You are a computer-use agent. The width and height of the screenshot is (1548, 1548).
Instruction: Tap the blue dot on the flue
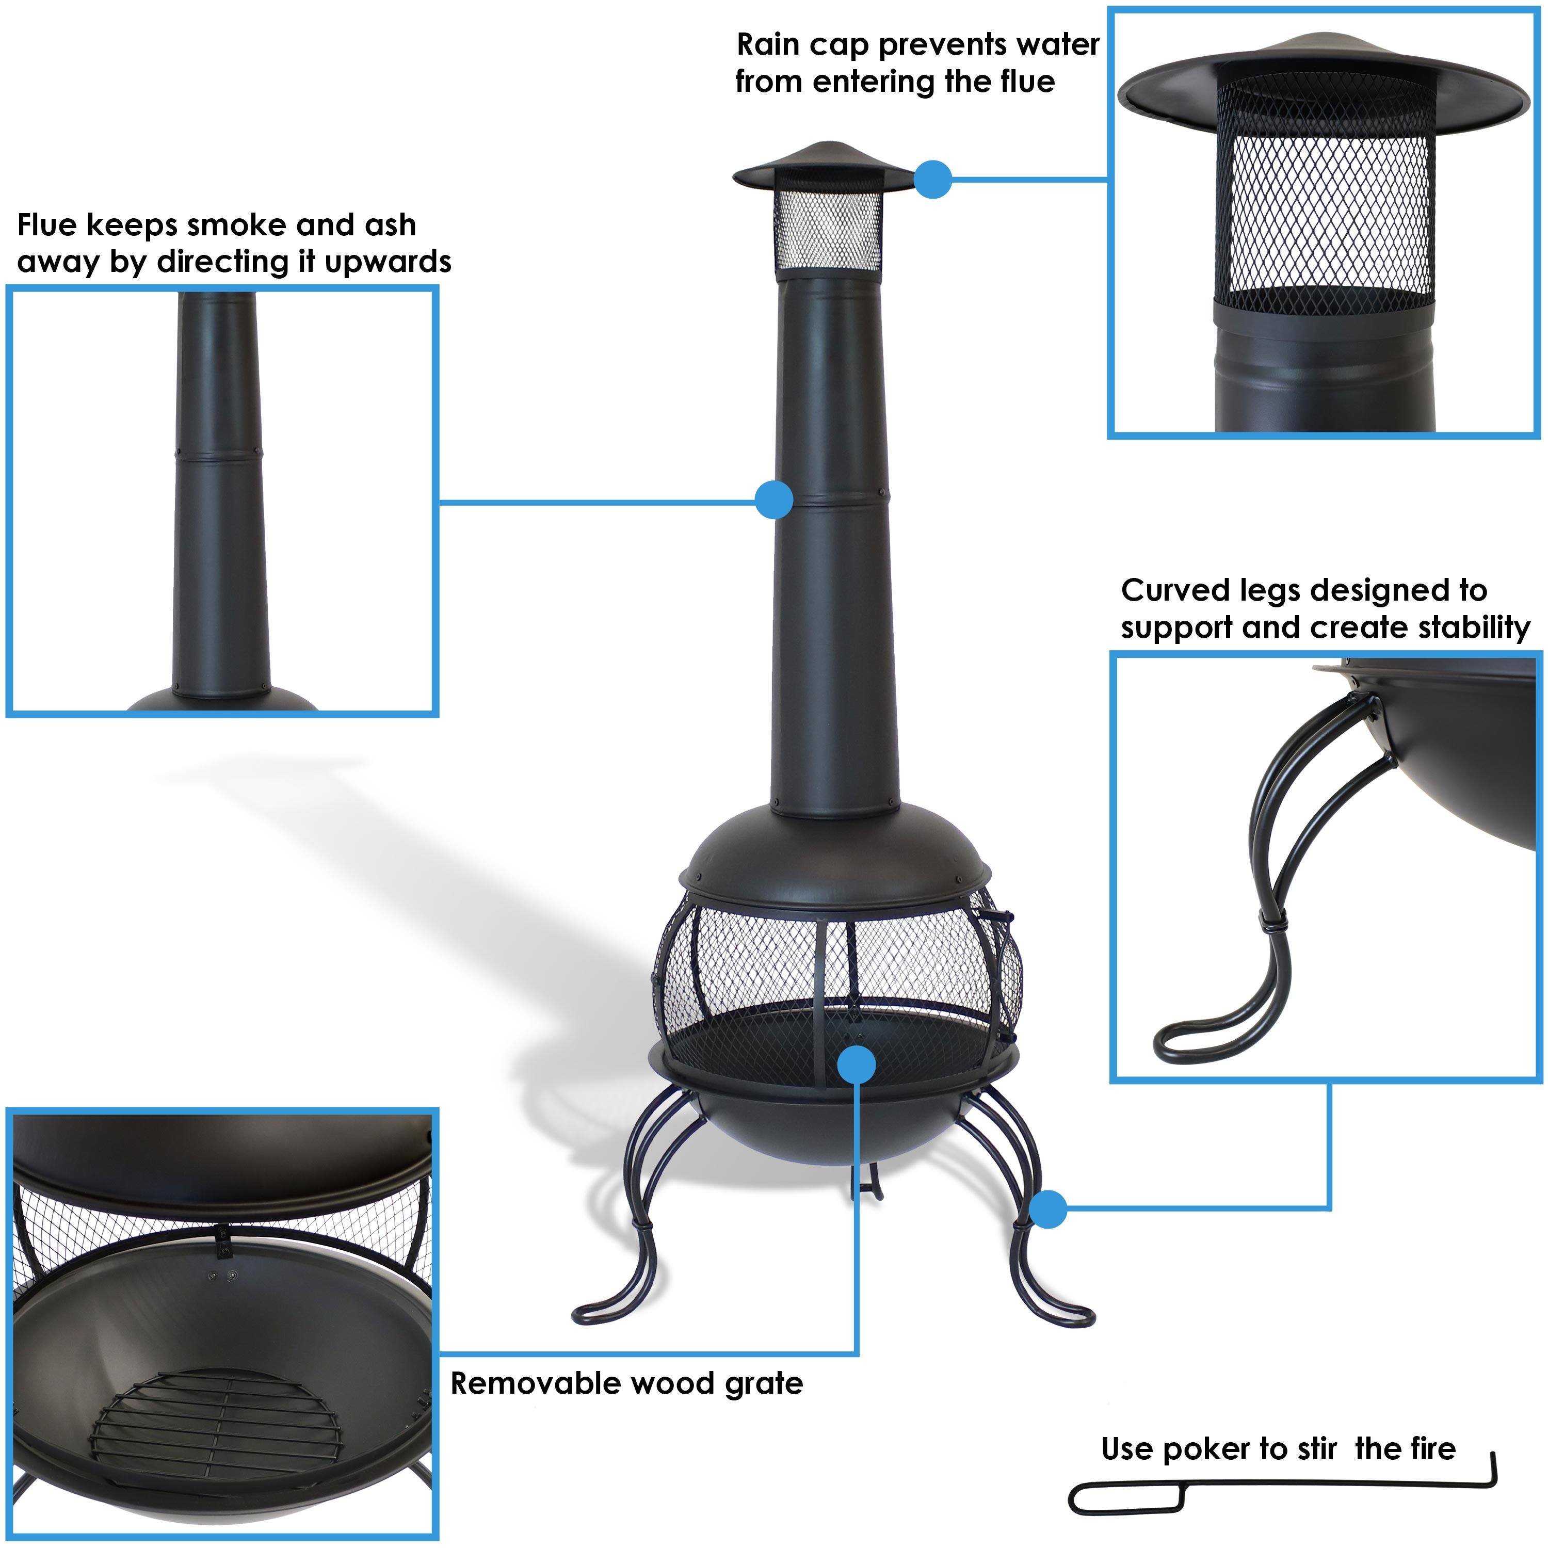tap(774, 500)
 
